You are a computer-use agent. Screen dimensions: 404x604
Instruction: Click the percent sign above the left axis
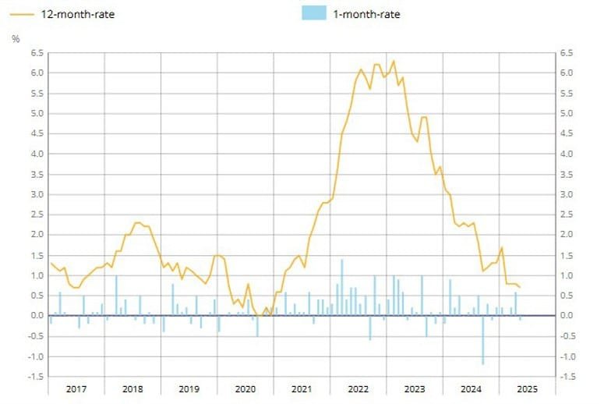tap(16, 38)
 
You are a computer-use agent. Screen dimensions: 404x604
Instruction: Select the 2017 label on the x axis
tap(76, 388)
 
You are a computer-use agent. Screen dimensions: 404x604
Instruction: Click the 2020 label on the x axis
tap(245, 388)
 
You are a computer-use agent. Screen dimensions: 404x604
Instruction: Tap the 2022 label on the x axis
tap(358, 388)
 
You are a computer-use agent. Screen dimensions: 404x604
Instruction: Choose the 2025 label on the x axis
tap(527, 388)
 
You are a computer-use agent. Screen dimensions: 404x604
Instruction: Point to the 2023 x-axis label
tap(414, 388)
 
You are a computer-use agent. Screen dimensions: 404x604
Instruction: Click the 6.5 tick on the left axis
tap(36, 53)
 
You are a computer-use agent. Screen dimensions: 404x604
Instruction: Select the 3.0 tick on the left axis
tap(36, 194)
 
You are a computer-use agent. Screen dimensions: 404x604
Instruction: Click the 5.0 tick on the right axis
tap(567, 114)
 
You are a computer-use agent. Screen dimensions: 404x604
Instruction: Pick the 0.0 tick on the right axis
tap(567, 316)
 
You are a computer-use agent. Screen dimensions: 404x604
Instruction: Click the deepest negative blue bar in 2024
tap(482, 340)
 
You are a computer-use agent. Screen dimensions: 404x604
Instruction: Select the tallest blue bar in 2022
tap(341, 287)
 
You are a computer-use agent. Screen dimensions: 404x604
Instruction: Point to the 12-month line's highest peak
tap(394, 61)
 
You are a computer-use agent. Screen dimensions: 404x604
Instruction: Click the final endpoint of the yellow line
tap(520, 288)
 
